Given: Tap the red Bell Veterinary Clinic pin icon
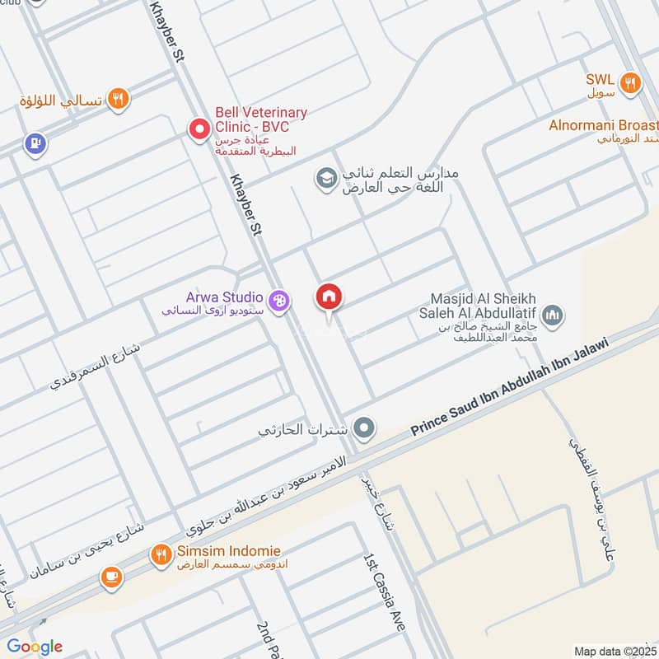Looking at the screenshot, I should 199,129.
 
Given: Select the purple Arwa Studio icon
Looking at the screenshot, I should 279,302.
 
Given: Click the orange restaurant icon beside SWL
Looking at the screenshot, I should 631,82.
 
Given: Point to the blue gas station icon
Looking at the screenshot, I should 34,144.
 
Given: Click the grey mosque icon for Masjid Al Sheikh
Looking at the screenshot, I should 553,314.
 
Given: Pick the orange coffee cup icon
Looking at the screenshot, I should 111,578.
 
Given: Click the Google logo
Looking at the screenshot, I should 34,647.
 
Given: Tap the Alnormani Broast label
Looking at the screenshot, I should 604,125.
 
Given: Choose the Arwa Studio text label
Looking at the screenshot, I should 225,297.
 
